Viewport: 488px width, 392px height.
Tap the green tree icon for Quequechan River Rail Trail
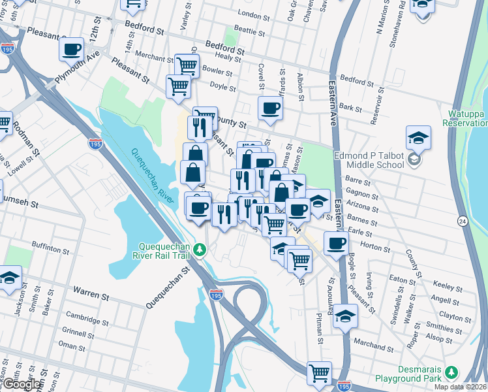click(x=202, y=249)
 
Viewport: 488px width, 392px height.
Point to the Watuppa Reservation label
click(x=465, y=118)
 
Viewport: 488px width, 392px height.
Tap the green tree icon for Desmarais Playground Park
click(x=450, y=372)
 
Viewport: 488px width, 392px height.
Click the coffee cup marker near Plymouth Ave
click(x=71, y=48)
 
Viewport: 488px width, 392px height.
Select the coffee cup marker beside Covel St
click(x=270, y=108)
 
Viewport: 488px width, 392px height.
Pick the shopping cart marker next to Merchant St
click(x=187, y=65)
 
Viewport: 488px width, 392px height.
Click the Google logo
click(x=21, y=384)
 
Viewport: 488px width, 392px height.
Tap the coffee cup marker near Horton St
click(x=337, y=244)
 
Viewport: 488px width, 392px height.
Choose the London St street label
click(x=254, y=14)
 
